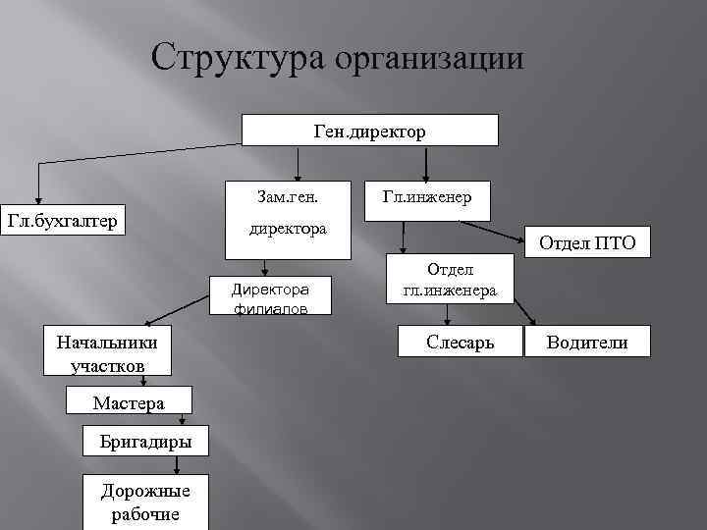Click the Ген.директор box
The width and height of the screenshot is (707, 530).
tap(370, 131)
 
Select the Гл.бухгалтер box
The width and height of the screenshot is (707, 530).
tap(62, 221)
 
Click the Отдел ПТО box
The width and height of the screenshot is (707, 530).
tap(587, 242)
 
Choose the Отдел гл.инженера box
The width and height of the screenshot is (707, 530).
tap(450, 280)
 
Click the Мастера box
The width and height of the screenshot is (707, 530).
tap(129, 400)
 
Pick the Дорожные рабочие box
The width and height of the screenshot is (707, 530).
tap(145, 501)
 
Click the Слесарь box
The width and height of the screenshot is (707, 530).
tap(460, 343)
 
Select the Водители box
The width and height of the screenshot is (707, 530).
tap(586, 343)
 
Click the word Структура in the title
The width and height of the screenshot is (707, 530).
tap(239, 58)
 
